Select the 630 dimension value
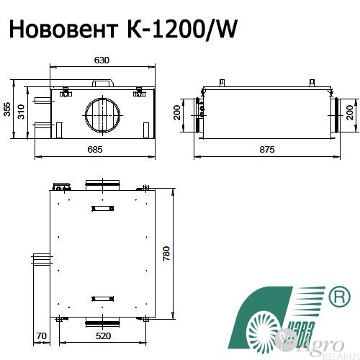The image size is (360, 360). coord(102,60)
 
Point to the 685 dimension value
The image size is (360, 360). coord(102,149)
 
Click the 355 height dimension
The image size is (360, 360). coord(6,109)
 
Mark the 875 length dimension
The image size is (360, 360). coord(266,149)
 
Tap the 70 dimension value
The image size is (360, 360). coord(41,336)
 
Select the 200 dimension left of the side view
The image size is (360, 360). coord(177,114)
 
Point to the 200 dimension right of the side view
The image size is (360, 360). coord(351,114)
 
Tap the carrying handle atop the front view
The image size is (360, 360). coord(102,82)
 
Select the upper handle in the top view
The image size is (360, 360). coord(102,209)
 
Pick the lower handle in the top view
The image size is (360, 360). coord(102,297)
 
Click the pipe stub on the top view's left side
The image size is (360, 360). coord(40,258)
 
